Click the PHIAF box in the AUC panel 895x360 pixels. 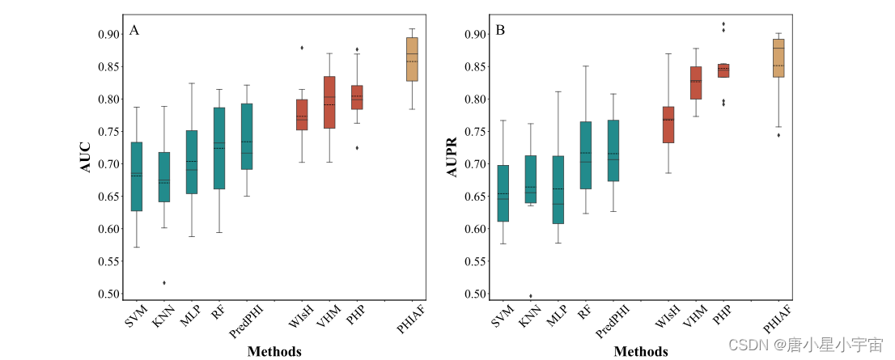412,59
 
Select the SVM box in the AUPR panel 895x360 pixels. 503,193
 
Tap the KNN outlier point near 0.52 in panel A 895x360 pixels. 164,282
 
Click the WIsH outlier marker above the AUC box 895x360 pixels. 302,48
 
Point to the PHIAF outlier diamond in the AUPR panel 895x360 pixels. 778,135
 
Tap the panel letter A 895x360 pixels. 134,31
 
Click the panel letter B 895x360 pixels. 500,31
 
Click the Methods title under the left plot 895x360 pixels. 274,351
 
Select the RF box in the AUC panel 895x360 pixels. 219,148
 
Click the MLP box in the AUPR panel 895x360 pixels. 558,189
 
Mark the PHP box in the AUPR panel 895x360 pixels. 723,70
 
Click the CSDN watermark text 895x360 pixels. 805,345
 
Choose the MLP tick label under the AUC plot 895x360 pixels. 189,317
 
